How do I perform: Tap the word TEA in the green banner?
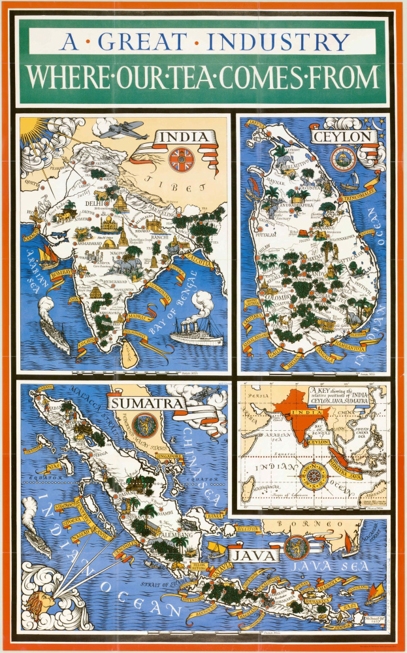click(195, 77)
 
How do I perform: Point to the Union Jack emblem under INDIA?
click(180, 159)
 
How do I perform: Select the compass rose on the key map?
click(313, 475)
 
